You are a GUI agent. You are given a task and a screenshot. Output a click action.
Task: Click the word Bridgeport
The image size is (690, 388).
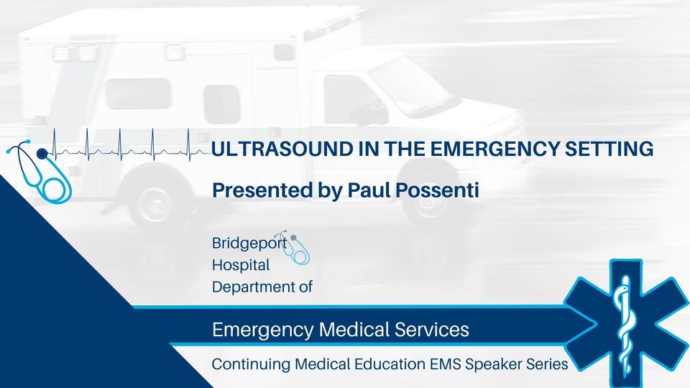click(x=249, y=244)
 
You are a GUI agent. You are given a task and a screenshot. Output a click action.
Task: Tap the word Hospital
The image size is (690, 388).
click(x=241, y=265)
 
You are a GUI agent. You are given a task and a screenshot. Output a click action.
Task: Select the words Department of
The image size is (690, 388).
click(x=262, y=287)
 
